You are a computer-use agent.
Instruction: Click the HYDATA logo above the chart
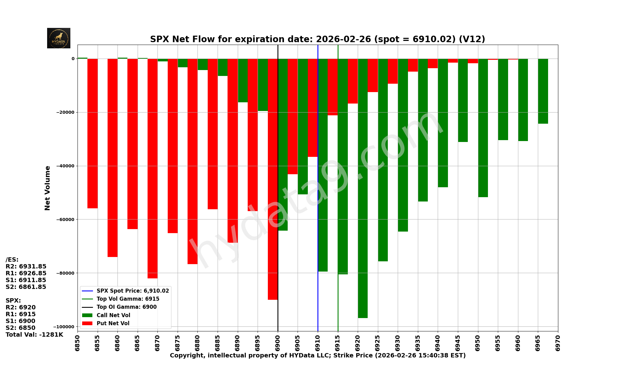[59, 38]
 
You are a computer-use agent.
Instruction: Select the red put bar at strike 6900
[272, 179]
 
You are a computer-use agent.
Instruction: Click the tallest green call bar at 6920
[363, 188]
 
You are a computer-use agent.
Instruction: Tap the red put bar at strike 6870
[153, 168]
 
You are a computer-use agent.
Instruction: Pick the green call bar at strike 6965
[543, 91]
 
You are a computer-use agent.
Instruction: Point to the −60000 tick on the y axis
[65, 219]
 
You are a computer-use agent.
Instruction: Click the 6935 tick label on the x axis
[418, 341]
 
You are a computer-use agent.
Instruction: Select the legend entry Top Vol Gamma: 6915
[128, 299]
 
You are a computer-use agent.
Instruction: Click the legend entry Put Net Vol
[113, 323]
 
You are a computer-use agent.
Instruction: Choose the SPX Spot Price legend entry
[133, 291]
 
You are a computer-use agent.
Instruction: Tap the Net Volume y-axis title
[47, 188]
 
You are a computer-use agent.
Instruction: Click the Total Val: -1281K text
[34, 335]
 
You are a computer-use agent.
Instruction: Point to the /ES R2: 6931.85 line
[26, 267]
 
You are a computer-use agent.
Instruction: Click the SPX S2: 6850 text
[20, 328]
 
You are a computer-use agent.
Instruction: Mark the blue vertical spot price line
[318, 186]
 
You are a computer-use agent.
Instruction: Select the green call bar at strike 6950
[483, 128]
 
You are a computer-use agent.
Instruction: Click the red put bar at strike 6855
[92, 133]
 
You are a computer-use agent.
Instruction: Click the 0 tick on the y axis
[73, 59]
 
